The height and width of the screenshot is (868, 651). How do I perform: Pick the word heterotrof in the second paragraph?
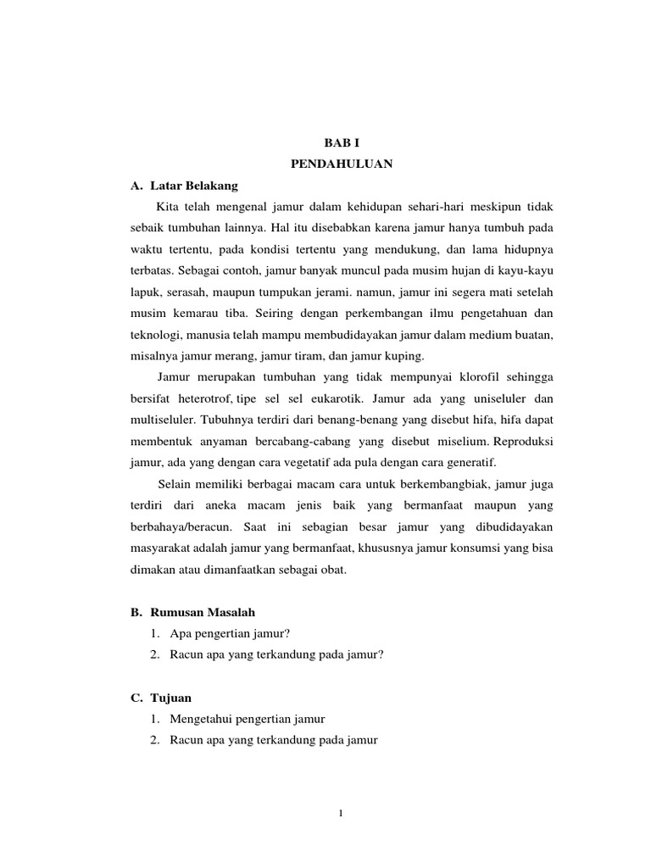click(x=203, y=398)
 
